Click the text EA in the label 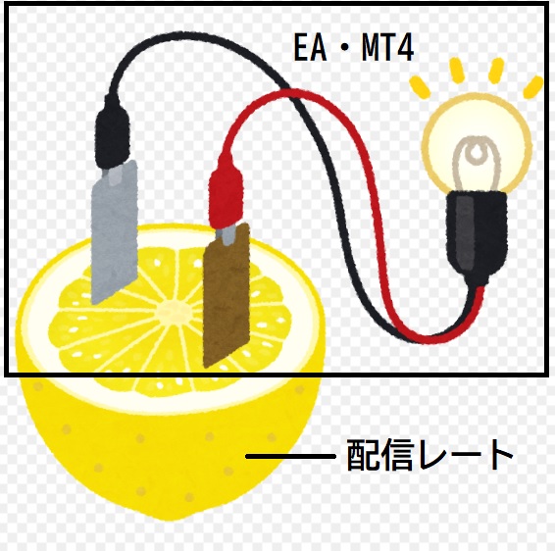pos(310,48)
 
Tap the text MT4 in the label pos(387,48)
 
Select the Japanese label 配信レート pos(429,455)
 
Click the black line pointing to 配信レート pos(290,457)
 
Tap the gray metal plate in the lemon pos(114,231)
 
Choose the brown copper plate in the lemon pos(227,295)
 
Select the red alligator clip pos(227,196)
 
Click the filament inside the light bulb pos(477,161)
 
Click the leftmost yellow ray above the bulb pos(420,87)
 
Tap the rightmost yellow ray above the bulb pos(533,87)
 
